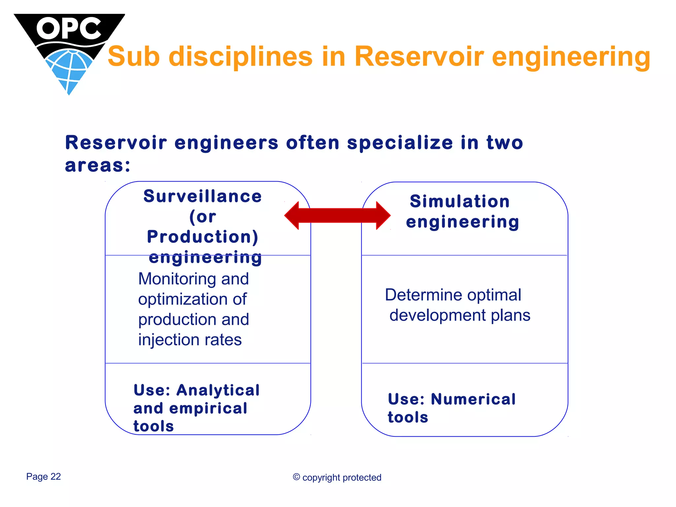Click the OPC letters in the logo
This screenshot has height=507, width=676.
68,28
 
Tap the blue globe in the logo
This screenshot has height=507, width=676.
69,69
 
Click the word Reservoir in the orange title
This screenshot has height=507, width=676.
419,56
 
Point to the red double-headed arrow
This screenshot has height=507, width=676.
337,216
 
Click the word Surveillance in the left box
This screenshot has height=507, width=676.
203,196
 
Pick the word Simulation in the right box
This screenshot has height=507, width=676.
460,201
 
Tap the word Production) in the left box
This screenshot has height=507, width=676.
203,237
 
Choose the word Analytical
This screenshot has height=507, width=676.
218,390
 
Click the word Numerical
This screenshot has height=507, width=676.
473,399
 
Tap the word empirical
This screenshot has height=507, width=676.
208,408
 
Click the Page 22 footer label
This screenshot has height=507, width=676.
44,477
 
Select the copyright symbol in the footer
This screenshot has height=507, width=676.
296,477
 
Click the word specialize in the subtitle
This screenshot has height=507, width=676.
400,143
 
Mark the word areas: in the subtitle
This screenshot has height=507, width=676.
98,165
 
